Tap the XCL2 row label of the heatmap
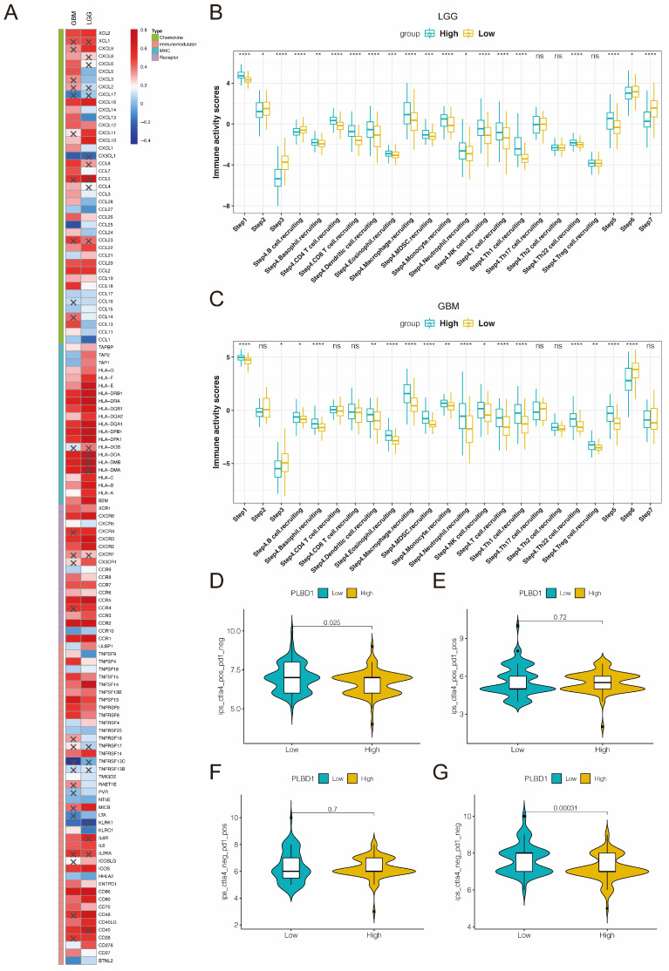pos(105,32)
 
